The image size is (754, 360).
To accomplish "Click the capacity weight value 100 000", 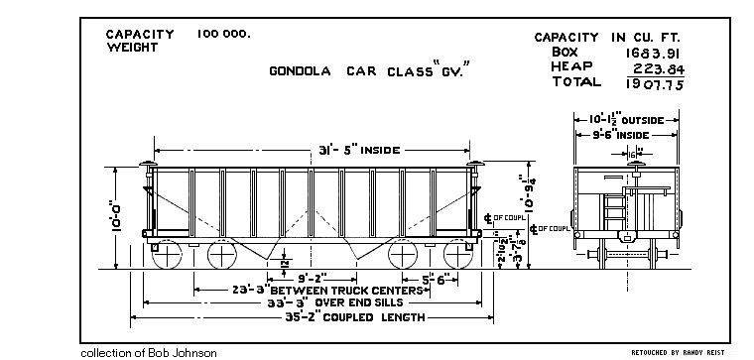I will tap(223, 34).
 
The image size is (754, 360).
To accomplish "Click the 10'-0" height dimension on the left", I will tap(117, 214).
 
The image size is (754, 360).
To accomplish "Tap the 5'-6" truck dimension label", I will tap(437, 279).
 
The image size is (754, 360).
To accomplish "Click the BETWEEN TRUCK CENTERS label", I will tap(352, 290).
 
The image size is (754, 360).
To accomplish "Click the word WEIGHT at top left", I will tap(133, 47).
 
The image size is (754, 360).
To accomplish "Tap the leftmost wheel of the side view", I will tap(168, 254).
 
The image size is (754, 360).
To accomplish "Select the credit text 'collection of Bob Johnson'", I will tap(148, 352).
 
